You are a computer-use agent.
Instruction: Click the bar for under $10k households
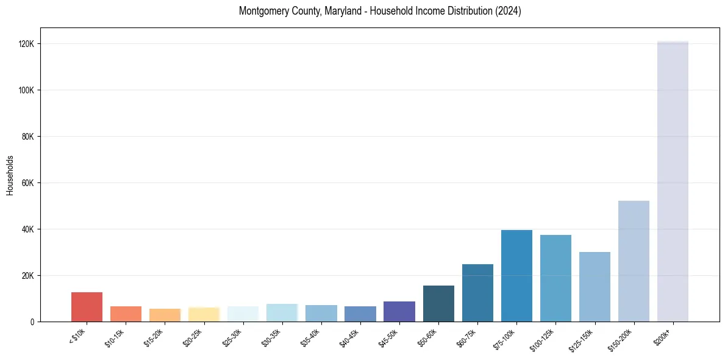(x=87, y=307)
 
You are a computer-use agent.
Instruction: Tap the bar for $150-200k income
(x=634, y=261)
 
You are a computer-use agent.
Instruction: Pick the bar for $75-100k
(x=516, y=276)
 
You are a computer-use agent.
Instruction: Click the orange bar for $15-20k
(x=165, y=315)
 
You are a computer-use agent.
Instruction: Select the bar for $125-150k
(x=595, y=287)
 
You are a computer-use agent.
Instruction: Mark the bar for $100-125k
(x=555, y=278)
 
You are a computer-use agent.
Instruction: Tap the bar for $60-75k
(x=477, y=293)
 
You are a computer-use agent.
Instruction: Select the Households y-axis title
(x=10, y=175)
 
